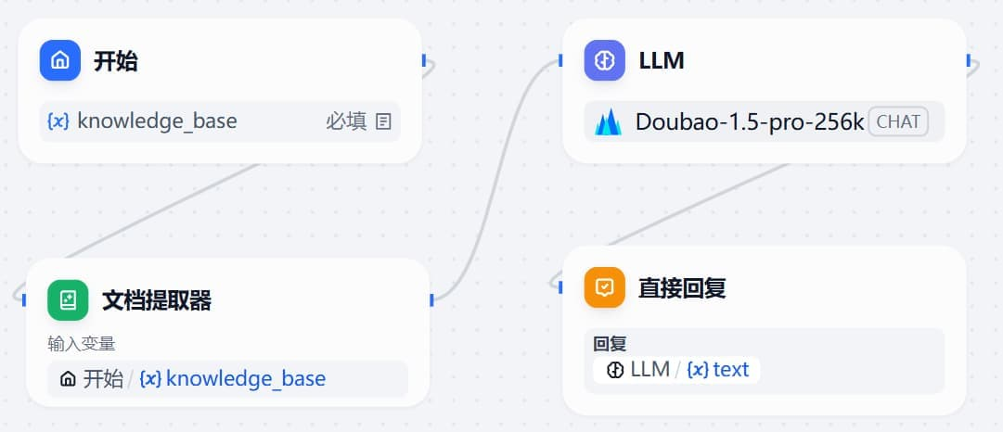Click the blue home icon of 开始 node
(x=60, y=61)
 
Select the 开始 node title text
(x=116, y=61)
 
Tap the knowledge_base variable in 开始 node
(x=156, y=121)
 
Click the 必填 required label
(x=346, y=121)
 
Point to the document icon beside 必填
(x=383, y=121)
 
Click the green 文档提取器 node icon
(x=68, y=300)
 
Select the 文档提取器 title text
(x=157, y=300)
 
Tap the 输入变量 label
(x=82, y=344)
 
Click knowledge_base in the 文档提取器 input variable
(x=245, y=379)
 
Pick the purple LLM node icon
(x=605, y=61)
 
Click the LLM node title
(x=662, y=61)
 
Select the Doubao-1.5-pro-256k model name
(x=750, y=121)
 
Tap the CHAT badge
(x=898, y=121)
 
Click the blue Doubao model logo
(x=609, y=122)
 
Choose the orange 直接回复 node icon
(x=605, y=287)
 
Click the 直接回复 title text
(x=682, y=287)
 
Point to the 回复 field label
(x=610, y=344)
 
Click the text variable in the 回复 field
(x=730, y=370)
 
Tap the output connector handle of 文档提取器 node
(x=431, y=299)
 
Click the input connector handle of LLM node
(x=561, y=61)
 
